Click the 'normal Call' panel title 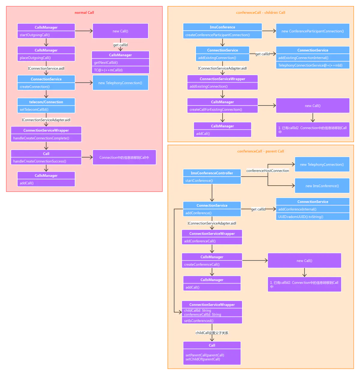[84, 13]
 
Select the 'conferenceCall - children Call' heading [260, 13]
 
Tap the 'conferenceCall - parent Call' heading [260, 151]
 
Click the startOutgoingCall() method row [46, 35]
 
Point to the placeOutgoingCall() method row [46, 58]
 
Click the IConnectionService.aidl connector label [46, 68]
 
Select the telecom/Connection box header [46, 102]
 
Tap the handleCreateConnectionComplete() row [46, 138]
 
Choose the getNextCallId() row [120, 63]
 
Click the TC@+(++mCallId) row [120, 70]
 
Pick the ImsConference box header [222, 27]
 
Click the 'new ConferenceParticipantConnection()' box [313, 31]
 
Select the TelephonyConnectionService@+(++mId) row [313, 65]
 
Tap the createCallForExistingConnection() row [222, 110]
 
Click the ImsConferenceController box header [212, 173]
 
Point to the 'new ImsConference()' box [322, 186]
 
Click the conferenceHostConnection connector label [268, 171]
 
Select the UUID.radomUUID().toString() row [313, 217]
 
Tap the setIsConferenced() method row [212, 321]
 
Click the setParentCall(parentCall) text [205, 355]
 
